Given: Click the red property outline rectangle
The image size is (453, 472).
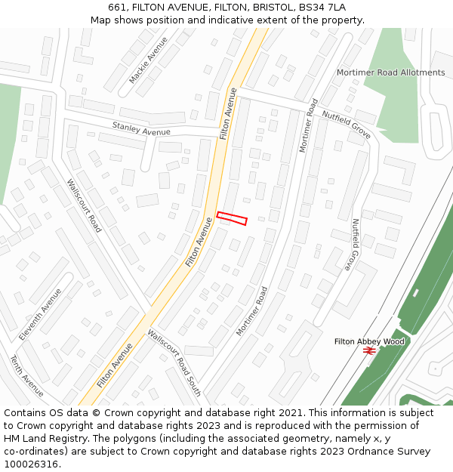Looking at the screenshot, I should (232, 218).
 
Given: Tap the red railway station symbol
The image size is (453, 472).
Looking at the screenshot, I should (369, 350).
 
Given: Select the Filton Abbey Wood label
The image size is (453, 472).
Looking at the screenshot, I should (369, 341).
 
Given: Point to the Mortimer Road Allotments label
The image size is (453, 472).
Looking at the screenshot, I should (390, 72).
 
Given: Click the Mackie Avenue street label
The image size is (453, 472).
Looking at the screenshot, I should (148, 60).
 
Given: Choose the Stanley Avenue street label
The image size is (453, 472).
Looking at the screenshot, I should (141, 129).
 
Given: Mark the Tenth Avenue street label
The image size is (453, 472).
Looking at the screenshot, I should (26, 376).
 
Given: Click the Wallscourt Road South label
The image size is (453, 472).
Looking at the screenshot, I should (174, 362).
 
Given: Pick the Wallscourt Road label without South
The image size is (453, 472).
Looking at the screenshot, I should (84, 205).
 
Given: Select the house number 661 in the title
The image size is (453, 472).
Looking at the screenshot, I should (117, 8).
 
